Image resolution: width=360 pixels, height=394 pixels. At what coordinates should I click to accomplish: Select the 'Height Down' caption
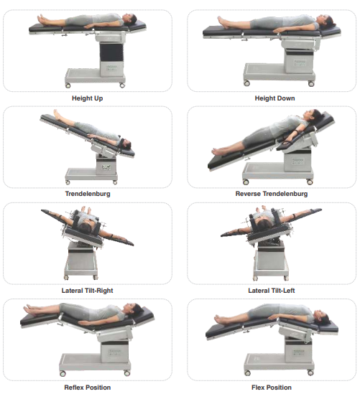pos(274,98)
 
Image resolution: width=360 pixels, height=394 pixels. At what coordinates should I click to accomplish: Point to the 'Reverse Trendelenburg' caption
pos(272,194)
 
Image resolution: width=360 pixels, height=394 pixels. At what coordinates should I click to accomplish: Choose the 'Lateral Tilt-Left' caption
pos(272,290)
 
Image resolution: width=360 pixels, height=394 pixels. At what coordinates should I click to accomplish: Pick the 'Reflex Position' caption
pos(87,387)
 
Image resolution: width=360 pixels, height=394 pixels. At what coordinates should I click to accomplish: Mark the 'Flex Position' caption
pos(272,387)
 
